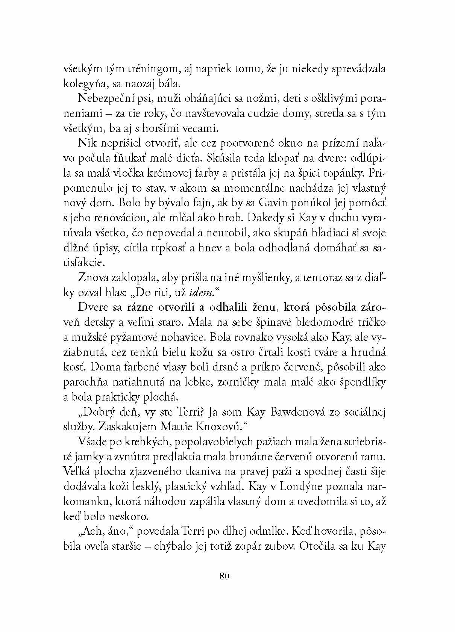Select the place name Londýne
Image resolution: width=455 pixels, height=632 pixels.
297,487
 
